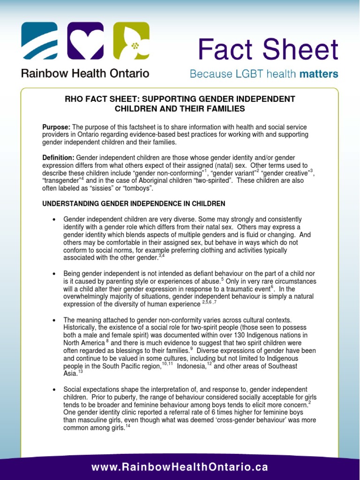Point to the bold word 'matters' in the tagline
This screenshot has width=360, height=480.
(x=318, y=75)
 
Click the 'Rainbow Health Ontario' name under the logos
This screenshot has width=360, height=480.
(x=85, y=74)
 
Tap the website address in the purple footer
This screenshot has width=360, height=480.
(x=180, y=467)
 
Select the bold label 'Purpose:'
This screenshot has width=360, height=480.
(x=56, y=127)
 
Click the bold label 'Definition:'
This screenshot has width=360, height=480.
(x=58, y=158)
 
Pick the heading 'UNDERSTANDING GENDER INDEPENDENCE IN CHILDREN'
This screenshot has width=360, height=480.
(x=134, y=204)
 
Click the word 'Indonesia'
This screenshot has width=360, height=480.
(x=191, y=366)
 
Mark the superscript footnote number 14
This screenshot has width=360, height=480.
(x=128, y=426)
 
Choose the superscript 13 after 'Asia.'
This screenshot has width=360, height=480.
(x=80, y=371)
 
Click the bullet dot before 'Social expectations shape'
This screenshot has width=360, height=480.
(x=55, y=390)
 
